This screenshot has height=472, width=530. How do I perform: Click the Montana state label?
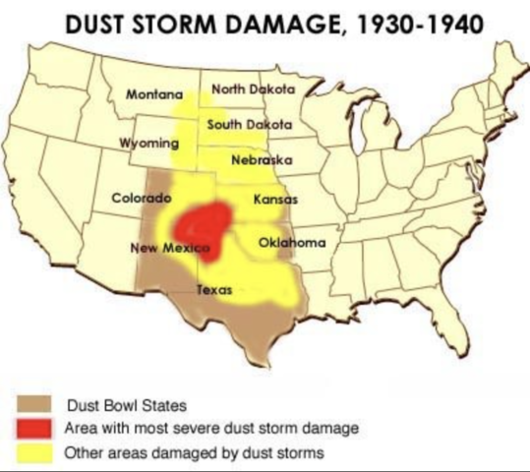(155, 95)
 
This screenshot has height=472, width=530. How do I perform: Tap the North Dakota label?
(254, 90)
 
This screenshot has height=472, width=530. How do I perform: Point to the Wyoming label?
(148, 143)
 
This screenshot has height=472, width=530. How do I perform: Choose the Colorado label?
(142, 198)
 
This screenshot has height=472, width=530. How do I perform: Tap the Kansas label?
(275, 199)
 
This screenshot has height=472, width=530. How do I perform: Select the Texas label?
(214, 290)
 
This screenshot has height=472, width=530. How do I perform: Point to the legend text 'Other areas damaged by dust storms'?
(187, 453)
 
